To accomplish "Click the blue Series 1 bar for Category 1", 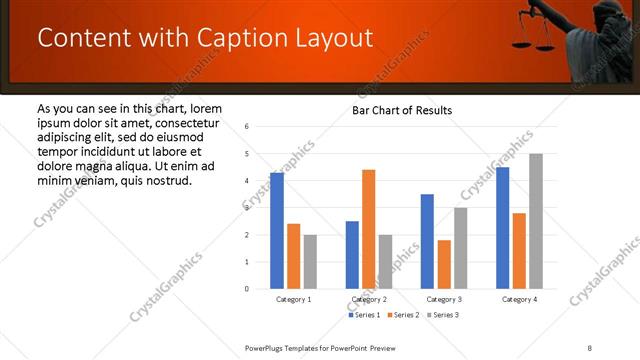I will point(277,231).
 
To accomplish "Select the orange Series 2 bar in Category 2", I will point(368,229).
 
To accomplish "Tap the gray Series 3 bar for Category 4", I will point(535,221).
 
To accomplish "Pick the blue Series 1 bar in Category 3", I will point(427,241).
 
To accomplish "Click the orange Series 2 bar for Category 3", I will point(444,264).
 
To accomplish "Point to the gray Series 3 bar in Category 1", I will point(310,262).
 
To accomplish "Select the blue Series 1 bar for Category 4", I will point(502,228).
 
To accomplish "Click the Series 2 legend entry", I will point(402,315).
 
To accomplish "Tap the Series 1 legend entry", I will point(363,315).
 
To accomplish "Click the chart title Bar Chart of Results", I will point(402,110).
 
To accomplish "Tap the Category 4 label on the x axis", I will point(518,299).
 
